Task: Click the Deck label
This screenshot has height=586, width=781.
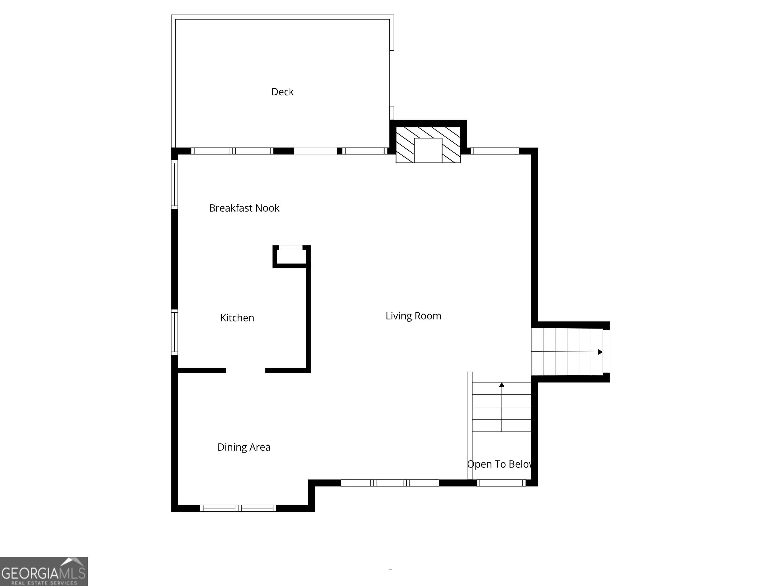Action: click(x=282, y=92)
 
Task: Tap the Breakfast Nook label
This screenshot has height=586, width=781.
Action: click(x=244, y=208)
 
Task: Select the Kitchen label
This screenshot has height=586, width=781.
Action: click(x=237, y=318)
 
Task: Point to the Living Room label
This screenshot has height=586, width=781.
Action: click(x=413, y=316)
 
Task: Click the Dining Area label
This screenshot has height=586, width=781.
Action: click(x=244, y=447)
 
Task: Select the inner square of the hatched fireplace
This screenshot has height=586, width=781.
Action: click(x=428, y=150)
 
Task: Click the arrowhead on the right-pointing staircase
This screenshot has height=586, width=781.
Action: click(x=600, y=352)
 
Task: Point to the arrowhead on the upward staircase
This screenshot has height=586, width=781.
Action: click(x=502, y=385)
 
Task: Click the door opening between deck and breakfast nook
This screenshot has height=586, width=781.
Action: click(x=316, y=151)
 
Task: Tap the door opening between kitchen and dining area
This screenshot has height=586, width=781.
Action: click(x=245, y=371)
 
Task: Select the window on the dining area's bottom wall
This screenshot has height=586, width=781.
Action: click(x=238, y=508)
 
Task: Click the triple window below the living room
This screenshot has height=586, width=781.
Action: click(x=390, y=483)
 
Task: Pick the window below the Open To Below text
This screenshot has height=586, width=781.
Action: click(x=501, y=483)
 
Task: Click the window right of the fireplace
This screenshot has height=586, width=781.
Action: click(x=495, y=151)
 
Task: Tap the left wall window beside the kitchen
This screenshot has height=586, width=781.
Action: click(x=174, y=332)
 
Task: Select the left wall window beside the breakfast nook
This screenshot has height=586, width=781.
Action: click(x=174, y=184)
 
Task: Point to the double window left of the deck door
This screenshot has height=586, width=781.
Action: click(x=232, y=151)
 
